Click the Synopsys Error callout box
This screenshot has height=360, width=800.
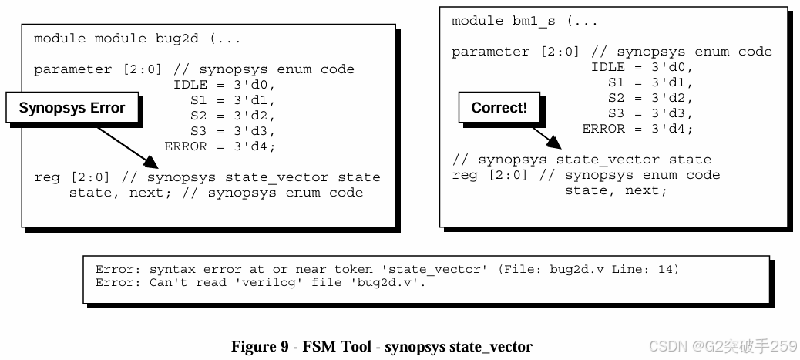click(72, 108)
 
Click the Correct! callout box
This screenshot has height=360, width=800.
click(499, 108)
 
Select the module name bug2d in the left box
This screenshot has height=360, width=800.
click(179, 39)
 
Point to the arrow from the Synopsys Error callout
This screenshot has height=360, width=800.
click(127, 146)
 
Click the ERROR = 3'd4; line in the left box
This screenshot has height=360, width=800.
click(220, 146)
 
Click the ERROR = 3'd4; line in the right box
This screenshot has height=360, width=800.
click(637, 129)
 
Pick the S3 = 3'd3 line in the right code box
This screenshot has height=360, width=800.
click(650, 113)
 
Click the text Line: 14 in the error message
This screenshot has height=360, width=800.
click(654, 270)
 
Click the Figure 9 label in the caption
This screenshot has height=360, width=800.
click(260, 346)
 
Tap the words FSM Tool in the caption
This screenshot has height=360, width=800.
click(336, 346)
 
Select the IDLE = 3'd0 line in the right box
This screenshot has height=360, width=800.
click(642, 67)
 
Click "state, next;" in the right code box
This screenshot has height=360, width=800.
click(616, 190)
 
